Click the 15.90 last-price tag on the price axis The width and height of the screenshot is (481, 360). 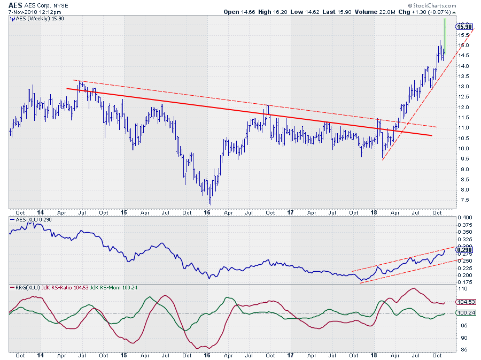(464, 27)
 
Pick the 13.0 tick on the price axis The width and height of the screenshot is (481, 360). (463, 87)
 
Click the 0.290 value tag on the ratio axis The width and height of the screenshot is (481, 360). (464, 250)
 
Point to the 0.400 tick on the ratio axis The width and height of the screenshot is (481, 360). (464, 218)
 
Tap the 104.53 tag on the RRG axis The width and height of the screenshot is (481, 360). (464, 302)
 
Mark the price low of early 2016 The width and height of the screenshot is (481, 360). (210, 204)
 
